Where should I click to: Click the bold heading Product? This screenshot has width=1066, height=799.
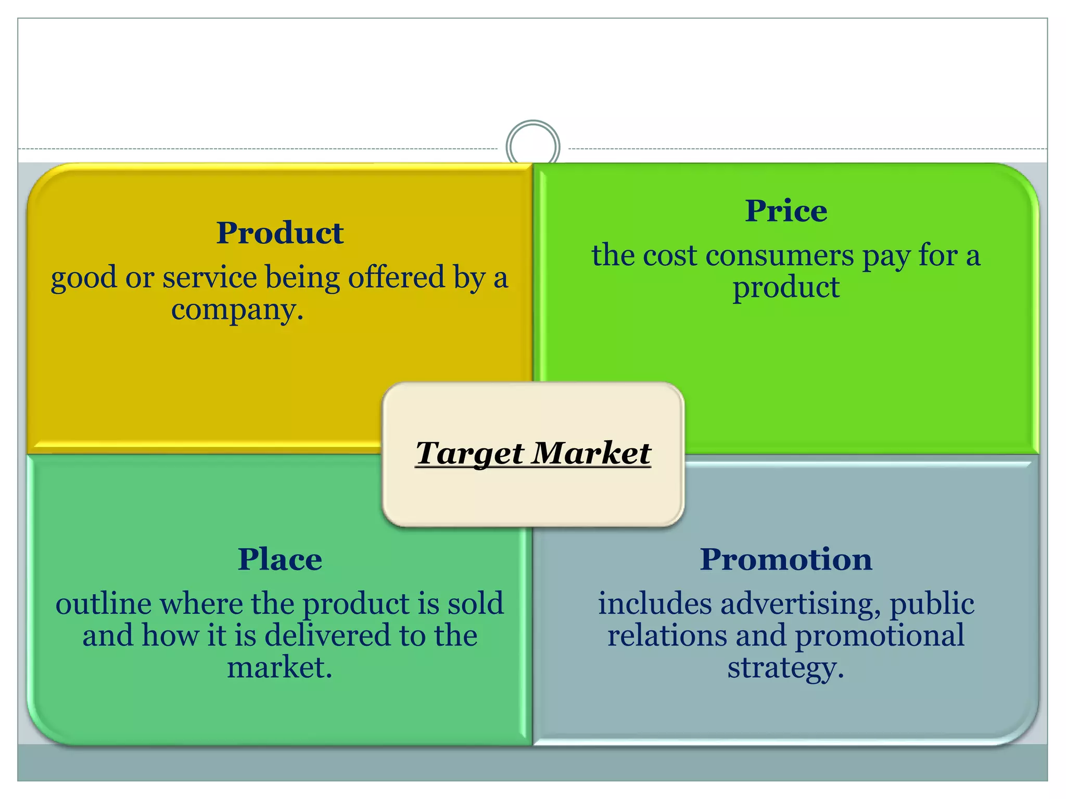click(280, 233)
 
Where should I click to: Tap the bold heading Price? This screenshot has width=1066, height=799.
click(785, 211)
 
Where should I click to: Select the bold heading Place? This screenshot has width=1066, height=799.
click(280, 559)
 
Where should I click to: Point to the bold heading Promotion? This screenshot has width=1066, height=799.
click(785, 559)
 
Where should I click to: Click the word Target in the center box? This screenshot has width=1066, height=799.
click(471, 453)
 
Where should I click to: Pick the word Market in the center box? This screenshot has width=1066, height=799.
click(592, 452)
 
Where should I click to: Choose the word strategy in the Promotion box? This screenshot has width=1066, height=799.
click(784, 668)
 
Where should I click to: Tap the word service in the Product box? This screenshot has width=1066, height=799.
click(210, 277)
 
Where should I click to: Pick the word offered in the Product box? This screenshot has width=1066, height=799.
click(396, 277)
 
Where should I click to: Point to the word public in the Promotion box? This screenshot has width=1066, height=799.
click(931, 604)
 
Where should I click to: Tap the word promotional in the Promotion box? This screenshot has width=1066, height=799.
click(880, 636)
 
